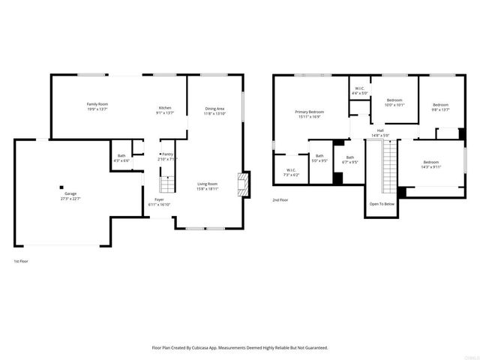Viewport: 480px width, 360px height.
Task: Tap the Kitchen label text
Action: click(x=164, y=109)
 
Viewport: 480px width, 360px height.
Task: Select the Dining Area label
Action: click(x=215, y=110)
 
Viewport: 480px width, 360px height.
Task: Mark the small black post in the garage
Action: click(x=62, y=187)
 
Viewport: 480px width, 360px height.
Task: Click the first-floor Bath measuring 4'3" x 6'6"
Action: click(x=121, y=159)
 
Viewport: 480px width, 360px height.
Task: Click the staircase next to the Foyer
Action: click(x=167, y=184)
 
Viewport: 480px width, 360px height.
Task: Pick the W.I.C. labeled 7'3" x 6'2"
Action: click(x=292, y=171)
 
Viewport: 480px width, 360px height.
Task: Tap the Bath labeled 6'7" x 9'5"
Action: click(x=349, y=159)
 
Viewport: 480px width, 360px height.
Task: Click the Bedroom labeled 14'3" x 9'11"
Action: click(x=430, y=164)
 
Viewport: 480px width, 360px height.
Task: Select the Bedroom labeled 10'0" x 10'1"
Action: click(x=394, y=102)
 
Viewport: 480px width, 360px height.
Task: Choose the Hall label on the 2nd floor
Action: click(x=380, y=132)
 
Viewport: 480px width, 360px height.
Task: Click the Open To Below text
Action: click(x=382, y=204)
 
